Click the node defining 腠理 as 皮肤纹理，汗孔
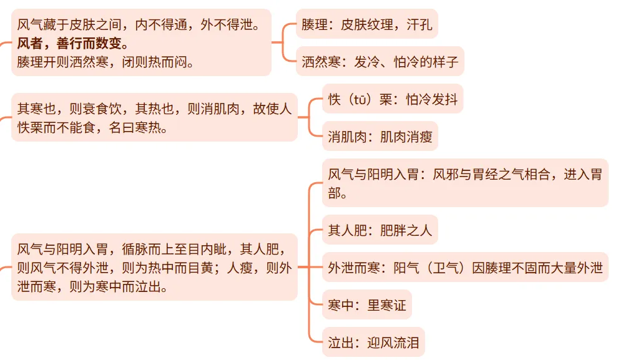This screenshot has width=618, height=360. pos(366,26)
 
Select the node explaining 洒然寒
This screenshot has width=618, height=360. pos(380,62)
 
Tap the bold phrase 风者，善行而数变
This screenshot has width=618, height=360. pos(73,43)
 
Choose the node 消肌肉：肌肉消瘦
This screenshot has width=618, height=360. pos(380,136)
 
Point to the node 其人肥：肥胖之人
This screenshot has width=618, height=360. pos(380,230)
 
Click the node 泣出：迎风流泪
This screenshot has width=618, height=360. pos(373,342)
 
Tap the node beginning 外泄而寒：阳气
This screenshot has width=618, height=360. pos(464,268)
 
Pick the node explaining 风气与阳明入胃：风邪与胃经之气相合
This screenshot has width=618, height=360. pos(464,182)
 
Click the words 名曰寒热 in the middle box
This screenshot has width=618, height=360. pos(137,127)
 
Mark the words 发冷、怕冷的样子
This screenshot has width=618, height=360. pos(406,62)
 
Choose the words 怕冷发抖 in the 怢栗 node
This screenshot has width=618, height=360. pos(432,99)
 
